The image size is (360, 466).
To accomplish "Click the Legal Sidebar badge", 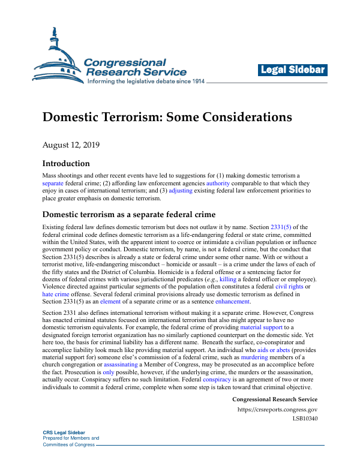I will click(x=293, y=70).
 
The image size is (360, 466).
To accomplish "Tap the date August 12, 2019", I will click(x=71, y=145).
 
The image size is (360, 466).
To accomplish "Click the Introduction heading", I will click(x=66, y=163).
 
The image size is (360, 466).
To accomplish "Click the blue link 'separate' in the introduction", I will click(x=53, y=182).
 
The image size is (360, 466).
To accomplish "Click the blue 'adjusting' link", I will click(x=181, y=190).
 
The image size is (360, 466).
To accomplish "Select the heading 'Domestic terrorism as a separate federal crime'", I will click(x=129, y=214).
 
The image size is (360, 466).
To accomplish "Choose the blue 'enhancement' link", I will click(x=231, y=302).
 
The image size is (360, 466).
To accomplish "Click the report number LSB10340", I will click(x=304, y=418).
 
